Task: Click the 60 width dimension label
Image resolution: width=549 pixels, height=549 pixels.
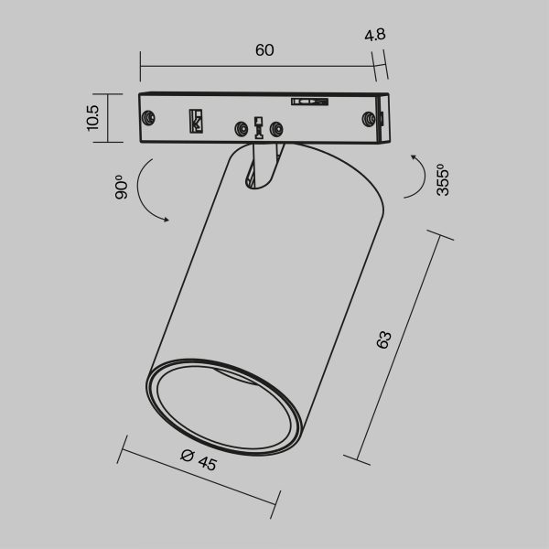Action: click(x=264, y=50)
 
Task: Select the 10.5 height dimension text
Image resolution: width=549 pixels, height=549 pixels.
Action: click(x=92, y=117)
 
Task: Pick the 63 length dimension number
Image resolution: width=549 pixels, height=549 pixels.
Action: click(x=385, y=339)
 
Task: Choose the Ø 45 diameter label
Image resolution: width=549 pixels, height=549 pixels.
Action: click(x=199, y=461)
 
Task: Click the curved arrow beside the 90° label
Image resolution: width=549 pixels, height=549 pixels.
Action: click(x=146, y=192)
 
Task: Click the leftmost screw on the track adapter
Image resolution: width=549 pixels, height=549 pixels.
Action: click(x=148, y=117)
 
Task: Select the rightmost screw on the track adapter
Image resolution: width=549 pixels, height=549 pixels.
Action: click(x=370, y=119)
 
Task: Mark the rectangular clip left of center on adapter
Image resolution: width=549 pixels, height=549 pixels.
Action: click(x=195, y=121)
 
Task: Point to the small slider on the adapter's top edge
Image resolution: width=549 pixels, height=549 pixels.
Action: click(x=308, y=102)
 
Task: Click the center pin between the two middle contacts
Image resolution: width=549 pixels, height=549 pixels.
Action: click(x=260, y=128)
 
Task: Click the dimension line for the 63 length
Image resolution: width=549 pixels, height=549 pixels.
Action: click(x=403, y=348)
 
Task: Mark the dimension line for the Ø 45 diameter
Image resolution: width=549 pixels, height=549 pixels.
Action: click(x=199, y=476)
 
